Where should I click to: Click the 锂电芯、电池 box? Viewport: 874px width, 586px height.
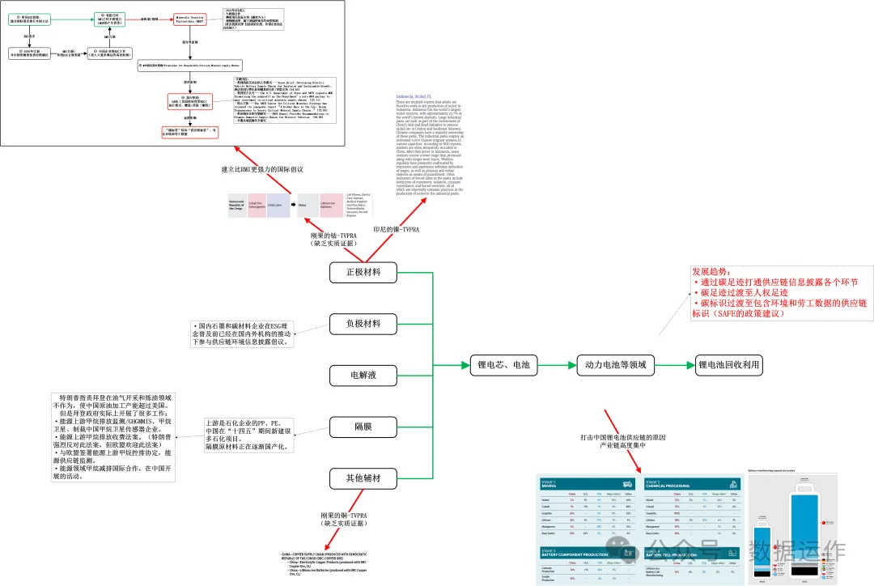[x=503, y=365]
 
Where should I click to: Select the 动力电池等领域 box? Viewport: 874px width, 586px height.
[x=615, y=365]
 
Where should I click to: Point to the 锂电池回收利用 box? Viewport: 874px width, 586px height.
[x=728, y=365]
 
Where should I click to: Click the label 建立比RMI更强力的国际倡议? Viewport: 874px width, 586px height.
[x=262, y=169]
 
